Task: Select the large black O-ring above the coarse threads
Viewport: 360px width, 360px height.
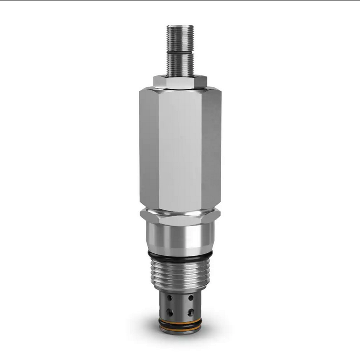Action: pyautogui.click(x=180, y=256)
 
